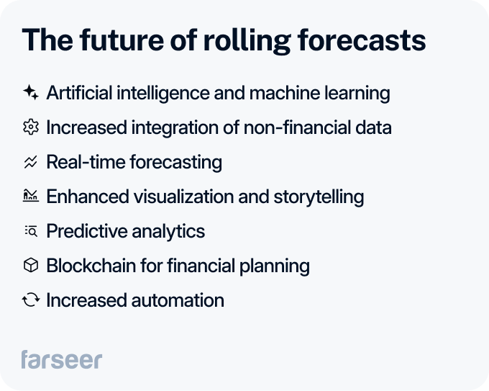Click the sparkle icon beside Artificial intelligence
(x=30, y=93)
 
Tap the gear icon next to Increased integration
(x=30, y=127)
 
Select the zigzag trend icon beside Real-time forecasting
(x=30, y=162)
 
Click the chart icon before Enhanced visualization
(x=30, y=196)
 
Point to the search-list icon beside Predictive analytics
(x=30, y=231)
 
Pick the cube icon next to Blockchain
(x=30, y=266)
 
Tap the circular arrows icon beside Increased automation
(x=30, y=300)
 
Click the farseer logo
(x=61, y=359)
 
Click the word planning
(x=275, y=266)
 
